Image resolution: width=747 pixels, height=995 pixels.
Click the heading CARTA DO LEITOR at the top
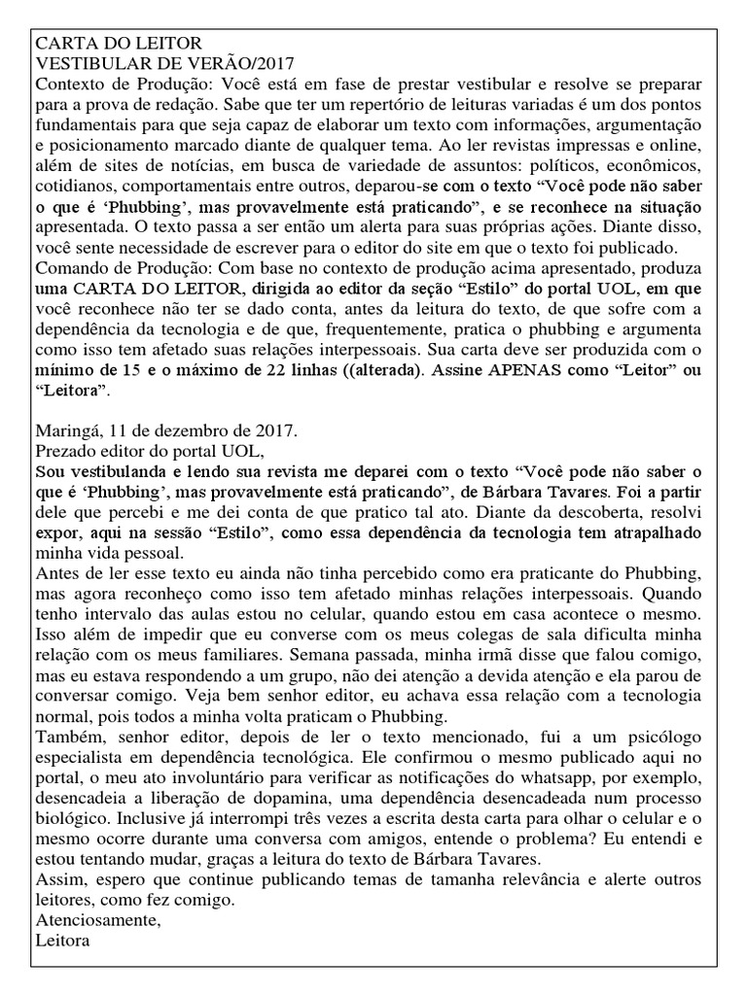click(x=119, y=44)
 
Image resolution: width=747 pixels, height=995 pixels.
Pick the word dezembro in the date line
click(x=192, y=429)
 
